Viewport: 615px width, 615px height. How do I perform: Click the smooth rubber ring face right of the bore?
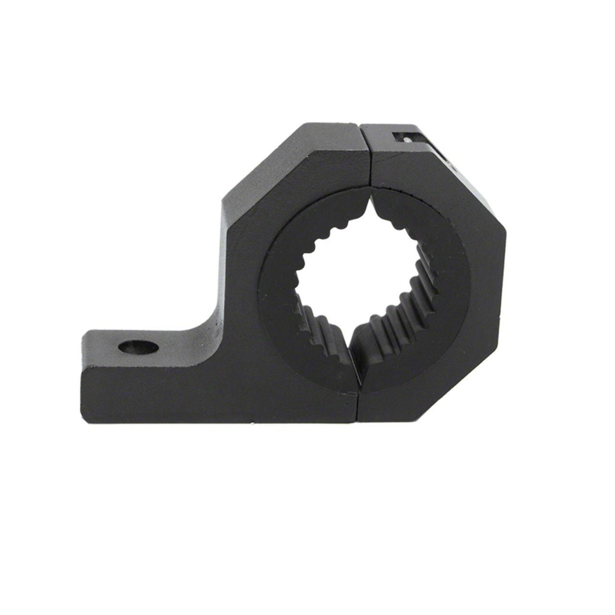tap(456, 279)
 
